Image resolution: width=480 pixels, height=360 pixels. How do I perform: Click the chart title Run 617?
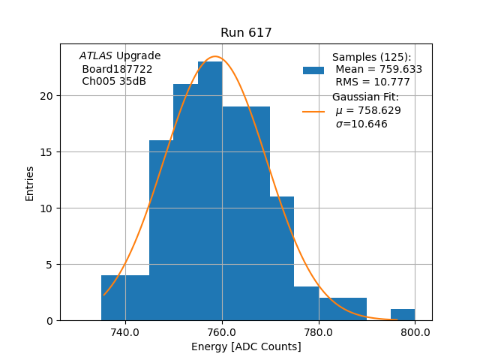(246, 33)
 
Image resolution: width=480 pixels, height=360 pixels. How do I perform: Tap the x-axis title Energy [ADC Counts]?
(246, 346)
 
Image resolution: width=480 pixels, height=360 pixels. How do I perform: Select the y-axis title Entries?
(30, 183)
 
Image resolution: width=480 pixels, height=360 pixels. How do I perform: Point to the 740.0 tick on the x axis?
(125, 331)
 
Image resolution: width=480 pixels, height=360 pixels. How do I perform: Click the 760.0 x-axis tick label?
(222, 331)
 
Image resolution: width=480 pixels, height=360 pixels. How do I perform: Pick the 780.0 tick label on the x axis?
(319, 331)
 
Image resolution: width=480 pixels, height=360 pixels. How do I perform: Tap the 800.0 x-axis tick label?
(415, 331)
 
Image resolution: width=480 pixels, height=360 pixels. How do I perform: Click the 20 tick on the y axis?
(47, 96)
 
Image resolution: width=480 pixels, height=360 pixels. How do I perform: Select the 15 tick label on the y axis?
(47, 152)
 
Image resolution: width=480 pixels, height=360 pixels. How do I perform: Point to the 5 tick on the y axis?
(50, 265)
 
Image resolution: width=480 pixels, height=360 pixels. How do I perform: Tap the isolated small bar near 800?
(403, 315)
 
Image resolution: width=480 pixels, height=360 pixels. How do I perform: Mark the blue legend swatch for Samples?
(313, 70)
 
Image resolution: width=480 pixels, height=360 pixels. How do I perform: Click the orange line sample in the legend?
(313, 112)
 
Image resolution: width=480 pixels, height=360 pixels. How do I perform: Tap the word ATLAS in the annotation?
(96, 55)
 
